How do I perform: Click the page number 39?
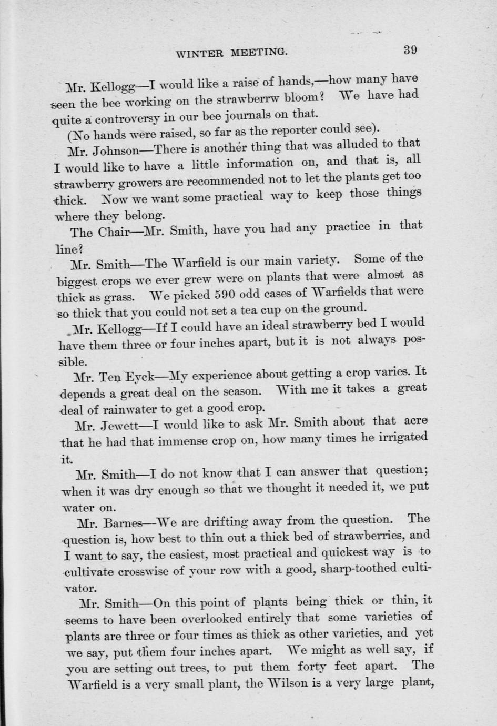click(410, 50)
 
